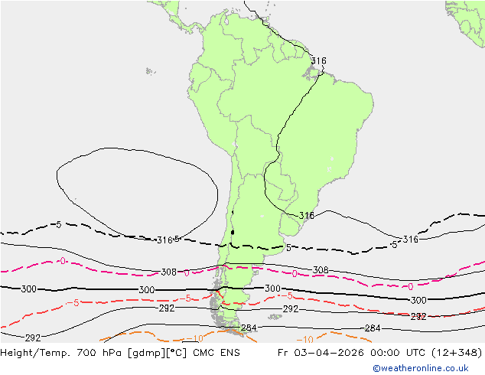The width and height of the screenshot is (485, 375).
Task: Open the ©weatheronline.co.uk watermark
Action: (420, 368)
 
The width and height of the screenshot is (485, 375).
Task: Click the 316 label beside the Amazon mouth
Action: (318, 61)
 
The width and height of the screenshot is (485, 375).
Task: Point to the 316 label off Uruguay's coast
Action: (306, 216)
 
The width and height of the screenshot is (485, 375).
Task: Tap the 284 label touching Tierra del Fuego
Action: (249, 328)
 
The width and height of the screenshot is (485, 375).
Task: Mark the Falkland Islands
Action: (275, 315)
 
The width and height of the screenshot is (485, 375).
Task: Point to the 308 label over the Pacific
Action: (169, 272)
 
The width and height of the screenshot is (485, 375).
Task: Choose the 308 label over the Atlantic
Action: (321, 270)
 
